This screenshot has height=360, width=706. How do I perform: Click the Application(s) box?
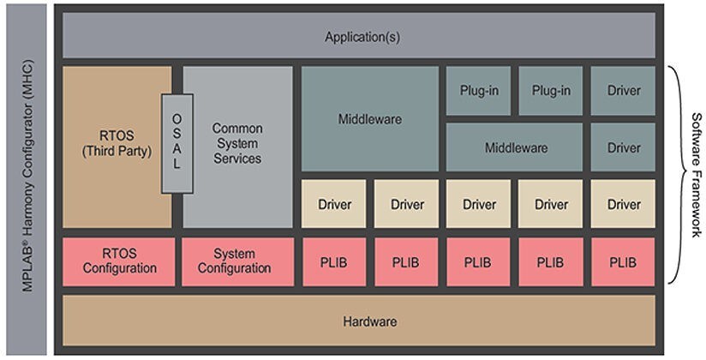tap(360, 36)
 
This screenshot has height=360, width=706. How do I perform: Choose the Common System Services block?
tap(237, 147)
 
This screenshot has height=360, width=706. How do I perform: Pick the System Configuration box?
tap(234, 261)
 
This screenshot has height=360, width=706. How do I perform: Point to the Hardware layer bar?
tap(360, 321)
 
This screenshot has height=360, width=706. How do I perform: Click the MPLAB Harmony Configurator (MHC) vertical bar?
tap(27, 180)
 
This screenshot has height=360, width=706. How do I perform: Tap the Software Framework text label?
tap(695, 175)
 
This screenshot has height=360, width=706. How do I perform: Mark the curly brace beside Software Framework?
tap(674, 175)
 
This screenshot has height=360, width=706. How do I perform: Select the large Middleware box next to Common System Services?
tap(369, 119)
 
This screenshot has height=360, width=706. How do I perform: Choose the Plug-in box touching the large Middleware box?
tap(478, 90)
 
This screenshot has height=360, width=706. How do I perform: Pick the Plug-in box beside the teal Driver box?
tap(551, 90)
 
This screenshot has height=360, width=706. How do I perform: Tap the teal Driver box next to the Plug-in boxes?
tap(623, 90)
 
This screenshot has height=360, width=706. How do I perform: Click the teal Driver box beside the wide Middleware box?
tap(623, 147)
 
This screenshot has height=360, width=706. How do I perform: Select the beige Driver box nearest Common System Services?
tap(334, 204)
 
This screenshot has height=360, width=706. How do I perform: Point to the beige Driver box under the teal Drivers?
tap(623, 204)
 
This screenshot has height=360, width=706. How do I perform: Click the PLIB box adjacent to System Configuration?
tap(334, 261)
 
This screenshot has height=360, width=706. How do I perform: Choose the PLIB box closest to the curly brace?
tap(623, 261)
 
